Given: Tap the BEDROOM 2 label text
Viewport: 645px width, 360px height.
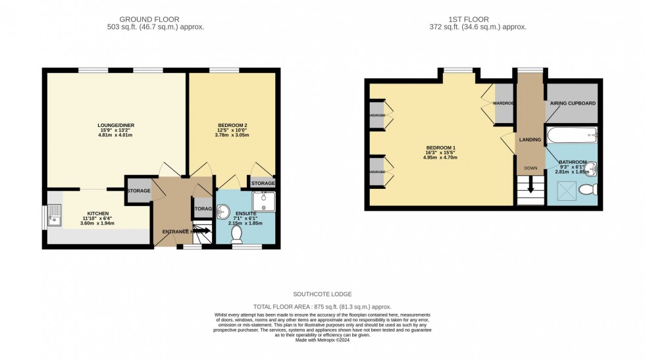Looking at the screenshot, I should click(x=232, y=125).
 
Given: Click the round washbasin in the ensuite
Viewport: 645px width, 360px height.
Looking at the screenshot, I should click(x=223, y=212).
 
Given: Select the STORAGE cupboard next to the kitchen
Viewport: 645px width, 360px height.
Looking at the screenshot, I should click(x=138, y=191).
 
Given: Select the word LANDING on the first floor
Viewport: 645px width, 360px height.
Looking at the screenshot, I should click(x=530, y=140).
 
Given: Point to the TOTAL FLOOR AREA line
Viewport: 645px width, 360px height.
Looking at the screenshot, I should click(x=322, y=307).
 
